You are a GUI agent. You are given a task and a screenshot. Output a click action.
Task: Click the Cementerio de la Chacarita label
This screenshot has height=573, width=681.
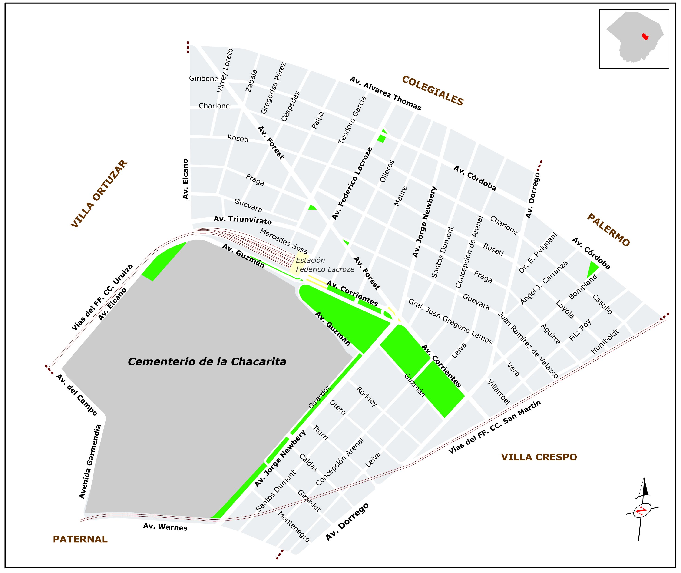tap(207, 361)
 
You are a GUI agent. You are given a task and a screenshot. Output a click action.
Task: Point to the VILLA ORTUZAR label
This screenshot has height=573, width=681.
tap(99, 194)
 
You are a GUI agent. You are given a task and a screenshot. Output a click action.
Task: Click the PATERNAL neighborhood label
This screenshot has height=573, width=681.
tap(80, 539)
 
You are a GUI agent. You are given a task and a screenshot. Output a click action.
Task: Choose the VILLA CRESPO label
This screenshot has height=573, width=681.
tap(539, 457)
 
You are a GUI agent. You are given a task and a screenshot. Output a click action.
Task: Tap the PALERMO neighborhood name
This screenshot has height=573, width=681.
tap(608, 230)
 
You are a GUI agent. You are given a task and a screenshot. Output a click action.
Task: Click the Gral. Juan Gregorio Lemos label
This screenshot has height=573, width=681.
tap(450, 321)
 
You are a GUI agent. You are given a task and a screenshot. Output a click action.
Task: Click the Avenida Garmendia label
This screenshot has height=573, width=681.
tap(90, 462)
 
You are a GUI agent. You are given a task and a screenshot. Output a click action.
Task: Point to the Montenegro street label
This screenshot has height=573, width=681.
tap(294, 527)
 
